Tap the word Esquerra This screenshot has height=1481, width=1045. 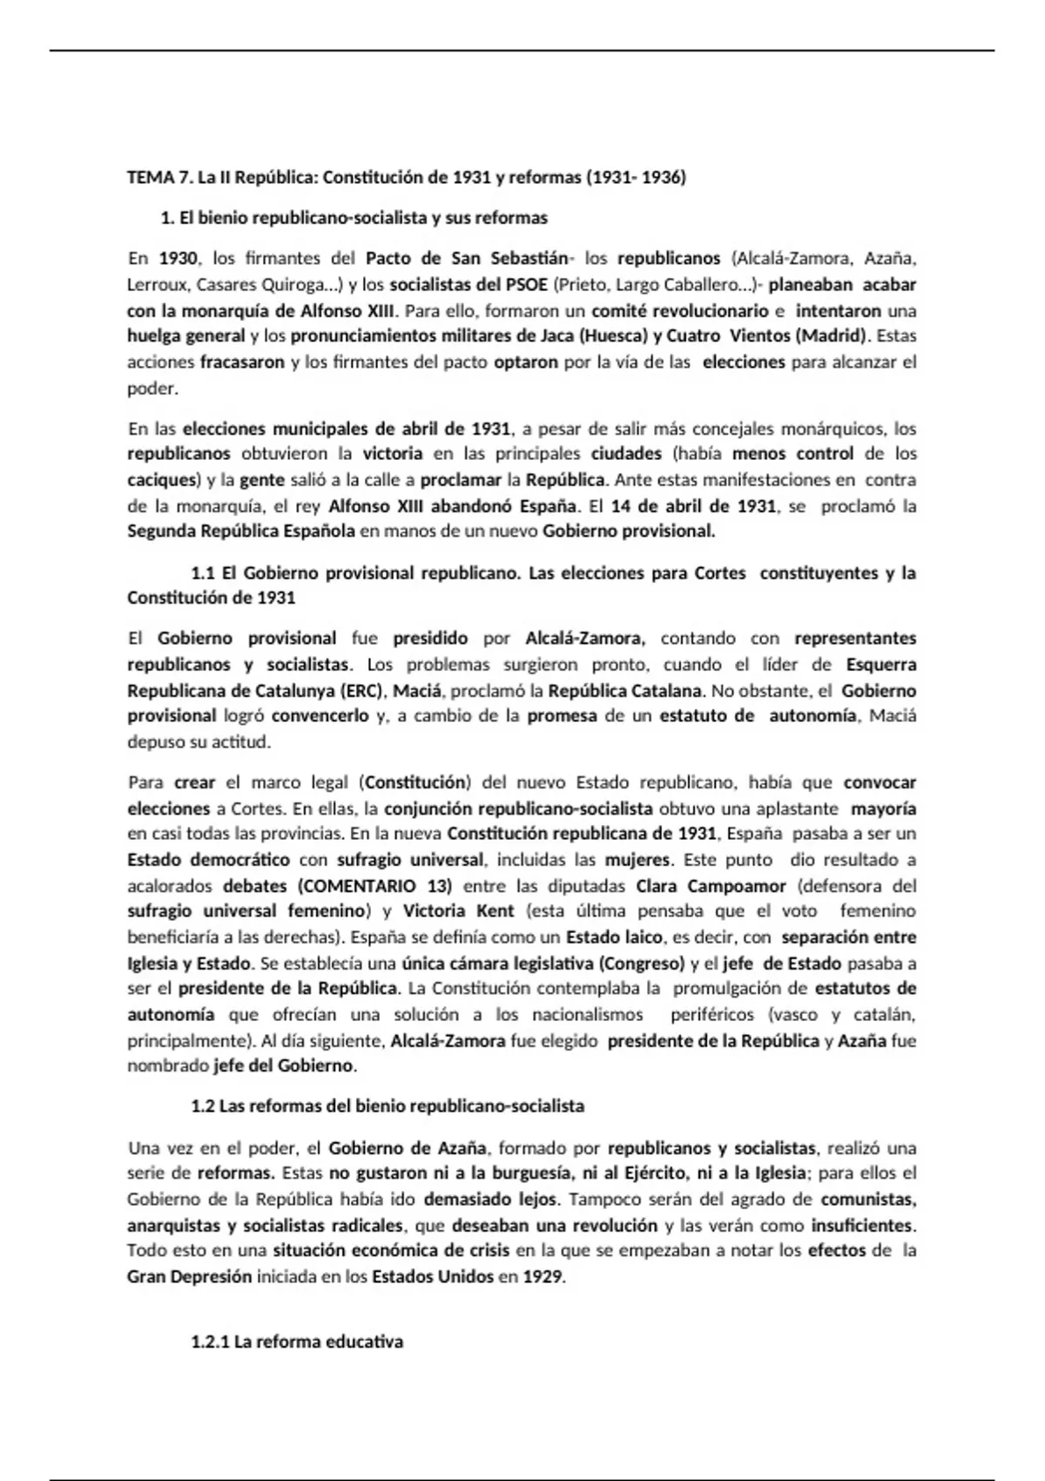[x=881, y=665]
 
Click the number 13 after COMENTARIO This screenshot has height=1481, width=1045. [x=435, y=886]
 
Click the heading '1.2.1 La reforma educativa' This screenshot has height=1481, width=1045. [x=297, y=1342]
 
